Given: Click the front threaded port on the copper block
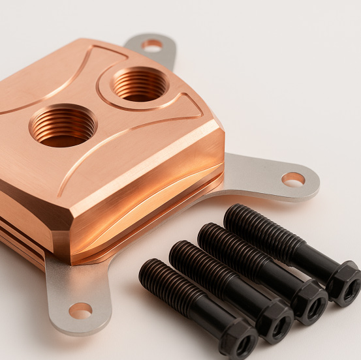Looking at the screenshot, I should pyautogui.click(x=63, y=125).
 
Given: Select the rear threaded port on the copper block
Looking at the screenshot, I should pyautogui.click(x=139, y=84).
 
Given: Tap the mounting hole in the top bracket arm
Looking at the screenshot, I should pyautogui.click(x=152, y=45).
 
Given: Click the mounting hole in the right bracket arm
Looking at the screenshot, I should pyautogui.click(x=292, y=179).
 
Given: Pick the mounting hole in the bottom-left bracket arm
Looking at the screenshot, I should pyautogui.click(x=80, y=310).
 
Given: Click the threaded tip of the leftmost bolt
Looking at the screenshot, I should pyautogui.click(x=149, y=269).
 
